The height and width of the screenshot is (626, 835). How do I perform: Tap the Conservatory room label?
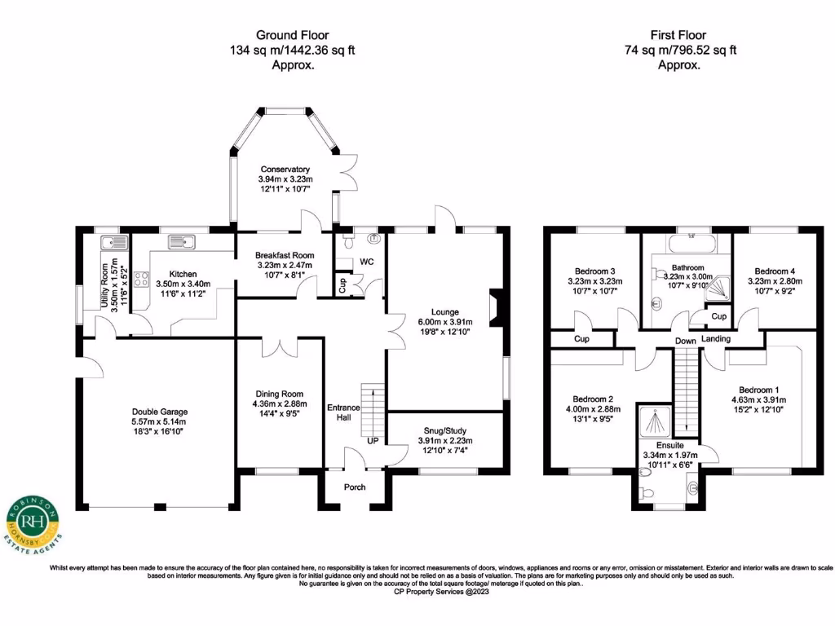coord(285,170)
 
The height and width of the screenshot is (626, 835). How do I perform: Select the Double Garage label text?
coord(160,412)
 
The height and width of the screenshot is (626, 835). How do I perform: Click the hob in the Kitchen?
coord(141,279)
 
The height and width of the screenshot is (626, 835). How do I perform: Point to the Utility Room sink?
coord(114,243)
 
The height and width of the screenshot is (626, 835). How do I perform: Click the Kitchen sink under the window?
coord(182,242)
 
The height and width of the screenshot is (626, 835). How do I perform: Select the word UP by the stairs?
coord(373,441)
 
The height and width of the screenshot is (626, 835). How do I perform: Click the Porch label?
coord(355,487)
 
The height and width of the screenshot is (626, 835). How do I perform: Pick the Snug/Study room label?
coord(445,430)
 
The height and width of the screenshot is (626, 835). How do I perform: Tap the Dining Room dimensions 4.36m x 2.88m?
coord(280,404)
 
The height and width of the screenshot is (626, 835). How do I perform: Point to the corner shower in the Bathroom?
coord(717,289)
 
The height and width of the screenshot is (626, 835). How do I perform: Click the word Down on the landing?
coord(685,341)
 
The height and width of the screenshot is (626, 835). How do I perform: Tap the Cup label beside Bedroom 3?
coord(581,338)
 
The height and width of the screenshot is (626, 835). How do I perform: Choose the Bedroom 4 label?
coord(775,271)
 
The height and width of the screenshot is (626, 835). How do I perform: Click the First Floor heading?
coord(678,35)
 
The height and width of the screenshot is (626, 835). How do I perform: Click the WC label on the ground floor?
coord(366,262)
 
